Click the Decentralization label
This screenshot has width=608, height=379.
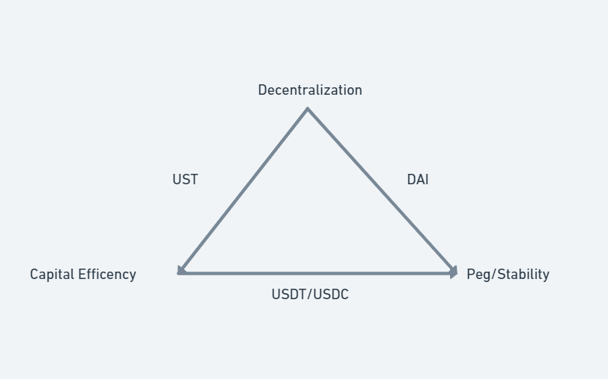(310, 90)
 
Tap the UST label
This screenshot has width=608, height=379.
(185, 180)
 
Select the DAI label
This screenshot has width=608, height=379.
(417, 180)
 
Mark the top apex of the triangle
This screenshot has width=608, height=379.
(308, 110)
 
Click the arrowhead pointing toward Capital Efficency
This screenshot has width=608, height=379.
(181, 270)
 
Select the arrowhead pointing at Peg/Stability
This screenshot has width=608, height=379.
(452, 272)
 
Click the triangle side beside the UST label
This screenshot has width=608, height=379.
(244, 191)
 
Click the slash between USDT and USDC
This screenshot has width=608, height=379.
(309, 295)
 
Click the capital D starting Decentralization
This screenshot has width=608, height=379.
(262, 90)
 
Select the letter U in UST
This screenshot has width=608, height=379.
(177, 180)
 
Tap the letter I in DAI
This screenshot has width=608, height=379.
(427, 180)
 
